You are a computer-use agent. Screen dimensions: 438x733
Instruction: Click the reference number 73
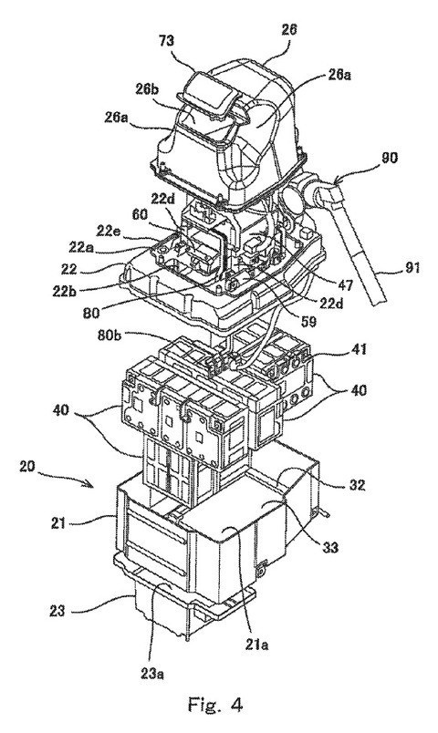click(166, 41)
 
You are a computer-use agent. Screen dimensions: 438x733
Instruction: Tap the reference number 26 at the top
click(288, 29)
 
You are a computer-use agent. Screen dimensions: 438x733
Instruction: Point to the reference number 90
click(389, 158)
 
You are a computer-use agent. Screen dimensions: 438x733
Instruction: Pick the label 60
click(140, 214)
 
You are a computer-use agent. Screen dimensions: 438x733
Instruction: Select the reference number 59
click(308, 321)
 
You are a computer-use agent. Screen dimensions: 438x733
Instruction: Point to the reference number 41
click(359, 349)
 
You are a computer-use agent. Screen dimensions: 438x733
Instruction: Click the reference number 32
click(357, 485)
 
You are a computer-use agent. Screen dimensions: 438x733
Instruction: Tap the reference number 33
click(331, 546)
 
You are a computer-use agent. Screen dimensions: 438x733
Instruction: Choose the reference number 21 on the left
click(58, 523)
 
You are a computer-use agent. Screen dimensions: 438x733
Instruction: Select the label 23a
click(151, 674)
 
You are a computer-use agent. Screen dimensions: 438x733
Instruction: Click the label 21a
click(256, 645)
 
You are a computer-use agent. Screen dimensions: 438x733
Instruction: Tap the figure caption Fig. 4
click(215, 704)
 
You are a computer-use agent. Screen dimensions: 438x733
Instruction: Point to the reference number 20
click(26, 467)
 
